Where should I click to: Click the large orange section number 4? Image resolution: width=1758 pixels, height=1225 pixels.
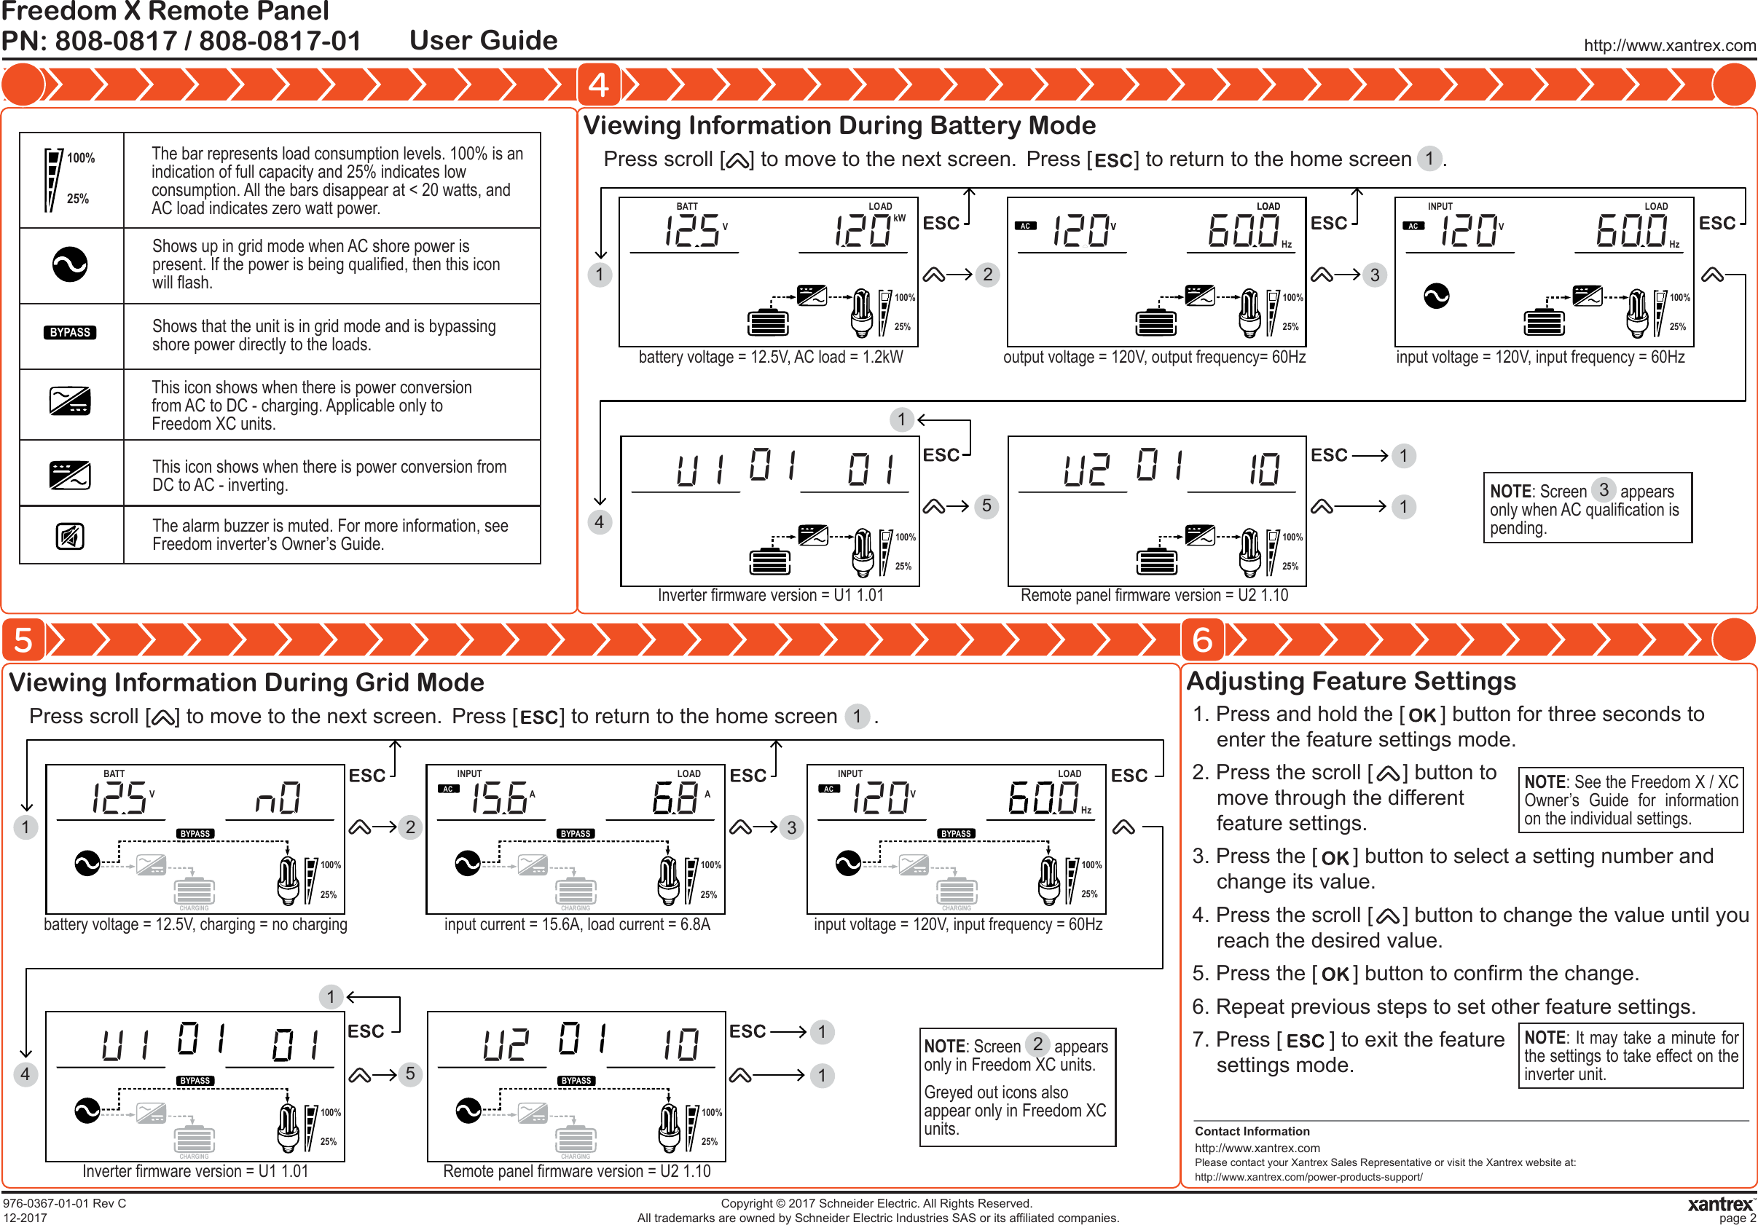(599, 84)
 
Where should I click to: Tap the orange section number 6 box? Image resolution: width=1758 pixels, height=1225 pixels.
(1201, 640)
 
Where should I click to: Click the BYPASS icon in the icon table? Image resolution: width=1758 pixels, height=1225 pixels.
(70, 332)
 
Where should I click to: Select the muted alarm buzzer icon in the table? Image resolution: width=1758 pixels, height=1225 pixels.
(70, 535)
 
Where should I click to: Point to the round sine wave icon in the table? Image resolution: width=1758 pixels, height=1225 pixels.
(70, 265)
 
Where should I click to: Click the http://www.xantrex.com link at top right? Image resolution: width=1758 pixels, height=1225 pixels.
(1669, 45)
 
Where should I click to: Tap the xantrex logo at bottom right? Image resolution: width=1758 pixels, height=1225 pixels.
(1719, 1205)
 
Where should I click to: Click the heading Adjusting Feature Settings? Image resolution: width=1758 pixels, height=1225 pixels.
(1351, 681)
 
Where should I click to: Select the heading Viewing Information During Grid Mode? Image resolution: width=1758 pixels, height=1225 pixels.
(246, 682)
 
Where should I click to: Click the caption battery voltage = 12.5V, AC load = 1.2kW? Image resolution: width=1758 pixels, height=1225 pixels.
(770, 358)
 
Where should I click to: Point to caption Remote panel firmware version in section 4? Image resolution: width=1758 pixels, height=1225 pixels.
(1154, 596)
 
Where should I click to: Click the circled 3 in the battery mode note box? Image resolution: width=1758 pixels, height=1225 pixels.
(1604, 490)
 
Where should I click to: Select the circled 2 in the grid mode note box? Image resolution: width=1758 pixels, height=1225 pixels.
(1037, 1044)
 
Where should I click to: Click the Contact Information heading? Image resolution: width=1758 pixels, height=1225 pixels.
(1252, 1132)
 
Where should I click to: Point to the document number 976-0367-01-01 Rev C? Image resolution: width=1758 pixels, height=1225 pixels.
(64, 1204)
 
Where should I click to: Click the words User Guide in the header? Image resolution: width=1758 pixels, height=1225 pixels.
(483, 41)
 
